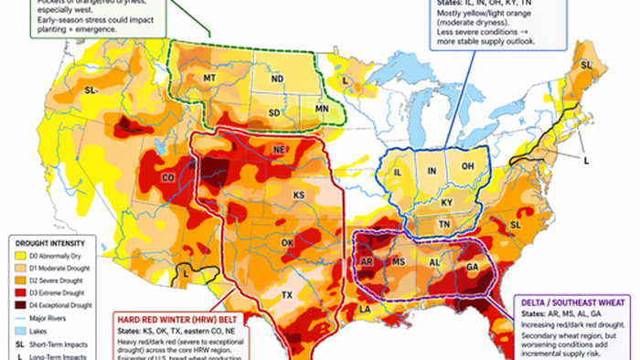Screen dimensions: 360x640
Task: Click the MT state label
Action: [208, 80]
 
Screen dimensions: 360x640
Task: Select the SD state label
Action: [275, 112]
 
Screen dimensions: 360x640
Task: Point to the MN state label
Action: [321, 110]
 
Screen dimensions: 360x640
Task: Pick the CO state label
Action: [168, 176]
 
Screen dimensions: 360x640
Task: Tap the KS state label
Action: [298, 196]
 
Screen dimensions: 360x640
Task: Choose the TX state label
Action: [287, 295]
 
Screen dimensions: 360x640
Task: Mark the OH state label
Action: [467, 166]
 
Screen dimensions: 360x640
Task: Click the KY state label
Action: [447, 202]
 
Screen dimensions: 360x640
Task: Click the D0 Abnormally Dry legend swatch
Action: [20, 258]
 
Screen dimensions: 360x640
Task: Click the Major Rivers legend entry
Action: [49, 317]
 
